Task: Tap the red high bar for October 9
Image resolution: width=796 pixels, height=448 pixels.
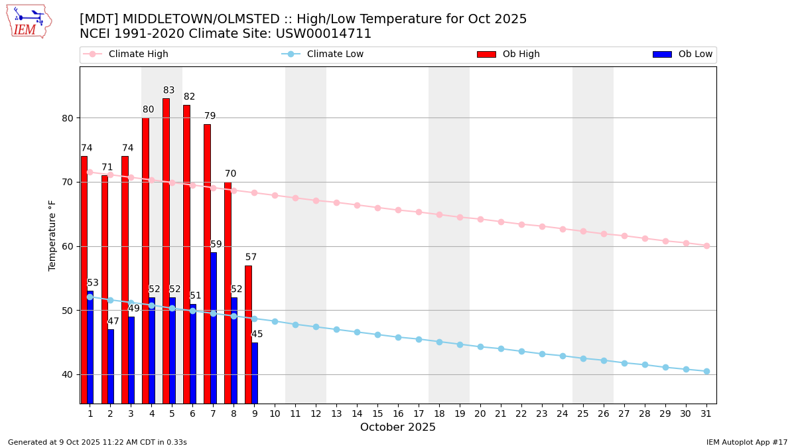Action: (x=248, y=335)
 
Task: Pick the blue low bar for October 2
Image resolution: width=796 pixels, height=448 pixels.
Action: (x=111, y=366)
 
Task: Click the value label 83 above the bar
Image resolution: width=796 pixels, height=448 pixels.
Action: (x=169, y=91)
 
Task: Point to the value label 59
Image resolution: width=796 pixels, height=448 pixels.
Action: (x=216, y=245)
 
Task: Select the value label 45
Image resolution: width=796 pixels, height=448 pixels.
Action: (x=257, y=335)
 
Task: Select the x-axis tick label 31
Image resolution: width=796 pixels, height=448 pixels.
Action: (x=706, y=413)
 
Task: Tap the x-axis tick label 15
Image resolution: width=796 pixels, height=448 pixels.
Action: (x=377, y=413)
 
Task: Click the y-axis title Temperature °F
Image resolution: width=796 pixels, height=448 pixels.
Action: (x=52, y=235)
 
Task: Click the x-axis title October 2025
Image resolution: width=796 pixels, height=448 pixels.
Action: (x=398, y=427)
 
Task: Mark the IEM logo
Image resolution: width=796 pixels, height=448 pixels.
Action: (x=29, y=21)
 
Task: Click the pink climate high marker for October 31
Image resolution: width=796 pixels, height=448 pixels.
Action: (x=706, y=246)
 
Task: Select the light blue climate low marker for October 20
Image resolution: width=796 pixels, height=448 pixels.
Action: (x=480, y=346)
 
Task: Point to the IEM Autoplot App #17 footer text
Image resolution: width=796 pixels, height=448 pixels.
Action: (x=746, y=442)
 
